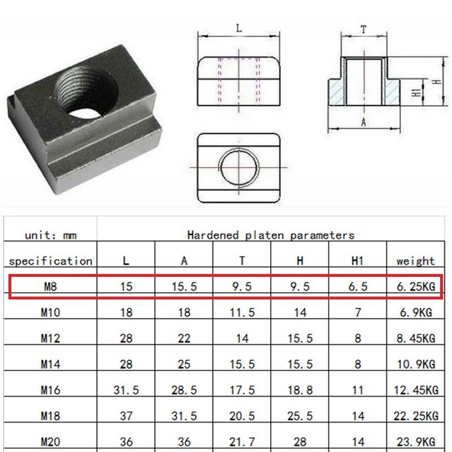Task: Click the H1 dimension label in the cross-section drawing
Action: pos(415,93)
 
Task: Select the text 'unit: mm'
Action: pos(50,234)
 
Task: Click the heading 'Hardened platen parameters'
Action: pos(271,235)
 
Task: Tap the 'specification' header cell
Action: pos(50,261)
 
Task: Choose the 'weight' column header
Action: pos(415,261)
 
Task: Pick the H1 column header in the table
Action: pos(357,261)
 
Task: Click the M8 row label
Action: pos(50,287)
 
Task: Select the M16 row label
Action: pos(50,390)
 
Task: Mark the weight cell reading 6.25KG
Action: pos(415,287)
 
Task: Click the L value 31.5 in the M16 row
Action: pos(127,390)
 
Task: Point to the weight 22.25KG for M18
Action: pos(415,416)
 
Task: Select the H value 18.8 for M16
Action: pos(299,390)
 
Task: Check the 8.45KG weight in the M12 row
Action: pos(415,338)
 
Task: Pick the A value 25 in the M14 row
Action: pos(184,364)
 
